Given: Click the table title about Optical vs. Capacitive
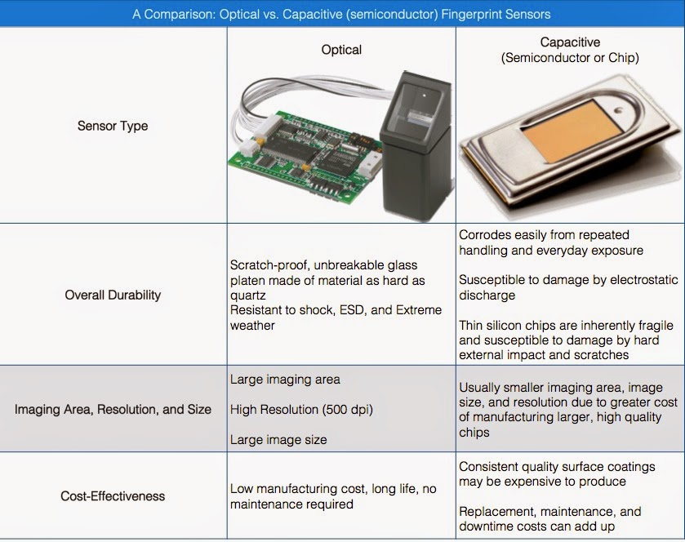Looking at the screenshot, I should pos(341,14).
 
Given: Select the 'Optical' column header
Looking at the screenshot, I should pos(341,50).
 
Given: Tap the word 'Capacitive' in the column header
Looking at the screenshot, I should pos(570,42).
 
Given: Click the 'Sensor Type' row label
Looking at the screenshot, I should pos(113,126).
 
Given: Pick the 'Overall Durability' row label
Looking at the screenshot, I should pos(113,295).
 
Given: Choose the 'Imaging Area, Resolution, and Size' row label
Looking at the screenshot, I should pos(113,409).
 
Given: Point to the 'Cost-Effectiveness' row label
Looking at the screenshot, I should pos(113,495).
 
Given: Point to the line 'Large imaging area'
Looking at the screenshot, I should pos(285,379).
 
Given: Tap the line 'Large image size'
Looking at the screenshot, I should pos(278,439).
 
